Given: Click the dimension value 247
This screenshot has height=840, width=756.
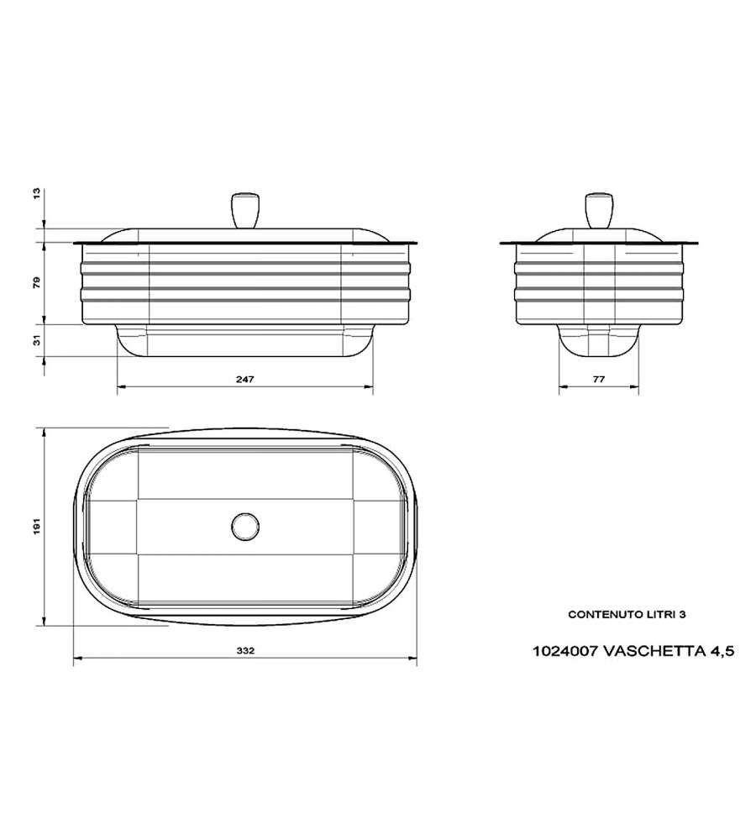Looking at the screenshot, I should (x=244, y=379).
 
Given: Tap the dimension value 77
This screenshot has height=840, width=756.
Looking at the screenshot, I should (x=599, y=379).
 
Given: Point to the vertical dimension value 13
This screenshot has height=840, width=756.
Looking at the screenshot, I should (x=36, y=193).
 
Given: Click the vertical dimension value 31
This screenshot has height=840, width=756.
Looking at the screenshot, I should (x=36, y=340).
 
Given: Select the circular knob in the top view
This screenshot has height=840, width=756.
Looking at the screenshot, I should (x=245, y=526).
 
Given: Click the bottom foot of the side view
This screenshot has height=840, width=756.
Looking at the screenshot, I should (x=599, y=341).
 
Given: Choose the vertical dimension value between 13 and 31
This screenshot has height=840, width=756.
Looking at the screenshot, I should (x=36, y=282).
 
